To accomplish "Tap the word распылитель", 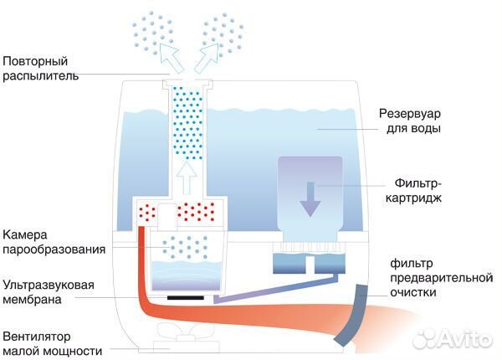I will click(39, 76).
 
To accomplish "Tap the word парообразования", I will click(54, 249).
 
